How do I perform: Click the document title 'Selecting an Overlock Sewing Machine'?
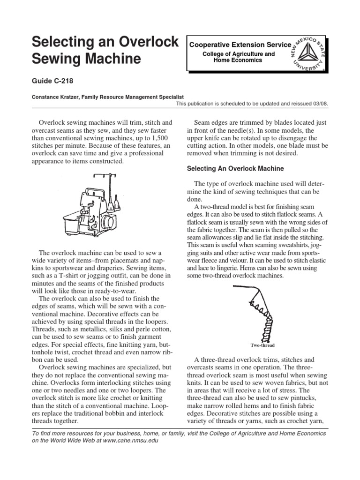pyautogui.click(x=105, y=51)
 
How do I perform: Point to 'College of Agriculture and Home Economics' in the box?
pyautogui.click(x=238, y=58)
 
